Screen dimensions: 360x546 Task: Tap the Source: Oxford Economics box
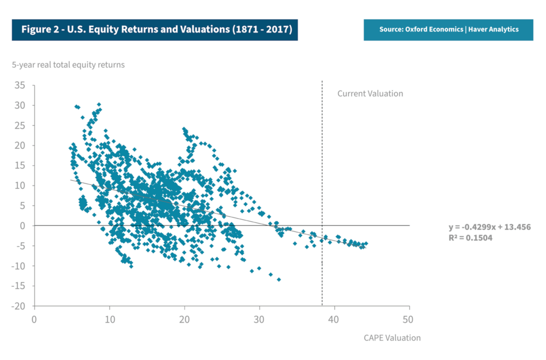[x=448, y=29]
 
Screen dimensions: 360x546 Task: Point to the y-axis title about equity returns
[x=68, y=65]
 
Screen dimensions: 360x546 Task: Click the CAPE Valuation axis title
[x=392, y=338]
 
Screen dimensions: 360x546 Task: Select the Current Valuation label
[x=370, y=93]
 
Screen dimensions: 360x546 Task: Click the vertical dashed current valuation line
[x=322, y=160]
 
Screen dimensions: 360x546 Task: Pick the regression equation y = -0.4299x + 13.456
[x=489, y=227]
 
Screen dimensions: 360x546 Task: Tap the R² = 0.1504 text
[x=470, y=238]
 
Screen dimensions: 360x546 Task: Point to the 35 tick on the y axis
[x=21, y=85]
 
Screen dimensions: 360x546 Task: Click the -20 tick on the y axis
[x=19, y=306]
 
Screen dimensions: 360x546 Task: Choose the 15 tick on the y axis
[x=21, y=166]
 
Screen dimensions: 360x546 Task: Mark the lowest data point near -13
[x=279, y=279]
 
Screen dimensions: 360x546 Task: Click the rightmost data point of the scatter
[x=366, y=244]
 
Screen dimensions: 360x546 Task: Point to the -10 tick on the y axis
[x=19, y=266]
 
